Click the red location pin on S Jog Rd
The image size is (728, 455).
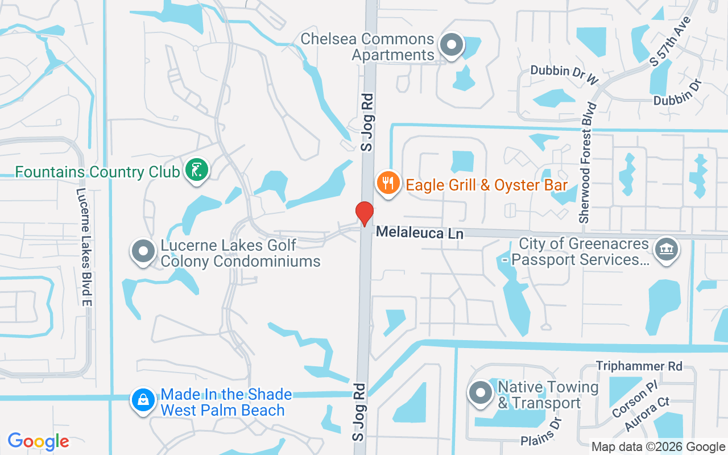[364, 213]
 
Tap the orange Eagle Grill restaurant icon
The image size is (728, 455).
[388, 183]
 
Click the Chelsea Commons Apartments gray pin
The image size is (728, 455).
[452, 45]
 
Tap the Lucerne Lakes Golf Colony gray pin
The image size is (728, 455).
[143, 251]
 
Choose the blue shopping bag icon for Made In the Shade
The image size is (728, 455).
[143, 400]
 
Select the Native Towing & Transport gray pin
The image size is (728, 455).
[481, 393]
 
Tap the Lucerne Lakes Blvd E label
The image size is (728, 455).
[84, 247]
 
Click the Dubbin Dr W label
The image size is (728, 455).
[565, 75]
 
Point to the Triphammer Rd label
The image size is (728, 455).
[639, 366]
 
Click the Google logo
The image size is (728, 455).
[38, 441]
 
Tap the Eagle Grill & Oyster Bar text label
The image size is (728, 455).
[486, 185]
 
